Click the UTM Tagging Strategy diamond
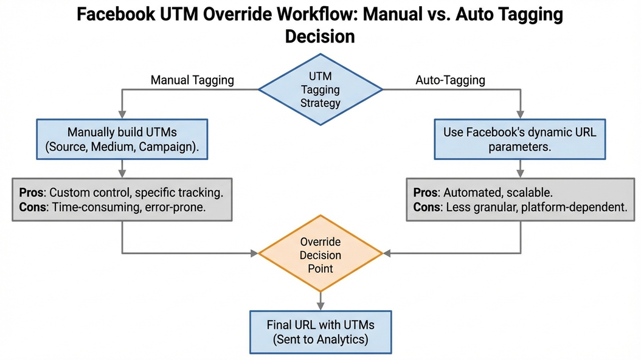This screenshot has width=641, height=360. [320, 89]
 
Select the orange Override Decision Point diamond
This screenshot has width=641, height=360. [320, 254]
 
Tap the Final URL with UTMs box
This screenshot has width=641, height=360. [320, 331]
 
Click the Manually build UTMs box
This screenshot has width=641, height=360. [123, 139]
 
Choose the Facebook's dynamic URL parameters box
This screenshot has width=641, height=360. [519, 139]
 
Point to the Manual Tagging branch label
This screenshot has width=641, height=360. [192, 80]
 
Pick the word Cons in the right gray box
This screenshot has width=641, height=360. [428, 207]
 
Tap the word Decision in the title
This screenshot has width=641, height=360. [320, 36]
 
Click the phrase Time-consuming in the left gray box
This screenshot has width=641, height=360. [91, 207]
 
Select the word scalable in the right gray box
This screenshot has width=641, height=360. [528, 193]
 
